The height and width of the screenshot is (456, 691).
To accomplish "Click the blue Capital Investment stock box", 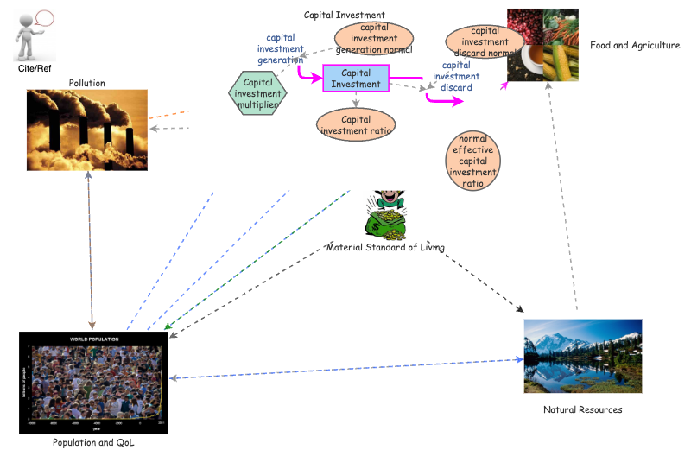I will coord(356,79).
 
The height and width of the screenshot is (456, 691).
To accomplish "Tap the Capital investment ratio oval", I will coord(357,124).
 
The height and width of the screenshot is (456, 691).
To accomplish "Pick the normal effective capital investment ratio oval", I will coord(472,161).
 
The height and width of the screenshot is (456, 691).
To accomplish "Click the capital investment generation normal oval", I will coord(374,38).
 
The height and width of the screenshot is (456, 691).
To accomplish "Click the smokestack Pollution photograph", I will coord(87,120).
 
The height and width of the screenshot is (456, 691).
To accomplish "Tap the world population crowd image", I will coord(93,382).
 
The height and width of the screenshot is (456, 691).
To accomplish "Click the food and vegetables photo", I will coord(542,45).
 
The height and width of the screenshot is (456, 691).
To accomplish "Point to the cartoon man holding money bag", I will coord(386,214).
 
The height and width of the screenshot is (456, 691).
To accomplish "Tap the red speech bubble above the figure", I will coord(44,16).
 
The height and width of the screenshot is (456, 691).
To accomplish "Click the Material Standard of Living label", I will coord(385,248).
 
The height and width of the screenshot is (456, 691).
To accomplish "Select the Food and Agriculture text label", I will coord(635,46).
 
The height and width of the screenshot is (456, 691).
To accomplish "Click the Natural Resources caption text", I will coord(582,409).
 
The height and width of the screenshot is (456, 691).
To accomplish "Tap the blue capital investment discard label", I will coord(456,76).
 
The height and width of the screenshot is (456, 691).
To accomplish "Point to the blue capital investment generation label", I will coord(281,49).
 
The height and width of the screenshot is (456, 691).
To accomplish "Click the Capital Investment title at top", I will coord(344,15).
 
